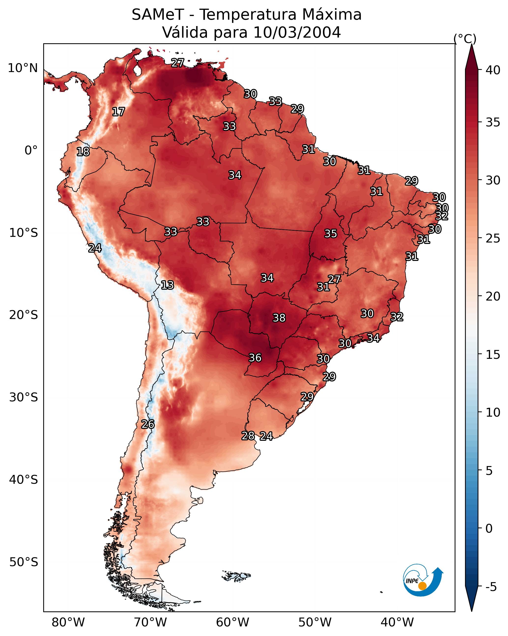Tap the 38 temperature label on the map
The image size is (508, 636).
[x=279, y=318]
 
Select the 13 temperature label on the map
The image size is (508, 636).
[x=167, y=285]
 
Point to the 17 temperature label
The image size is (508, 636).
[x=118, y=112]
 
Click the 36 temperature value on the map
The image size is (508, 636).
[x=255, y=358]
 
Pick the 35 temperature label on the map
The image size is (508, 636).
[x=331, y=234]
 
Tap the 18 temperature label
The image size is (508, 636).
[x=83, y=152]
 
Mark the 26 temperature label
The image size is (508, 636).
[x=148, y=424]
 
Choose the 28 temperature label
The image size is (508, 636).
[x=248, y=436]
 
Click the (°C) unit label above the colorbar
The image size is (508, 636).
[x=465, y=39]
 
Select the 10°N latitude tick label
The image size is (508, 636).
[x=23, y=68]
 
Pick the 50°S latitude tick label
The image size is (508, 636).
[x=24, y=562]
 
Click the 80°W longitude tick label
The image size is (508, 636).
[x=68, y=622]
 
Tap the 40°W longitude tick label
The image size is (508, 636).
[x=397, y=622]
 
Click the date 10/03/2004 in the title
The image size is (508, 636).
[x=297, y=32]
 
